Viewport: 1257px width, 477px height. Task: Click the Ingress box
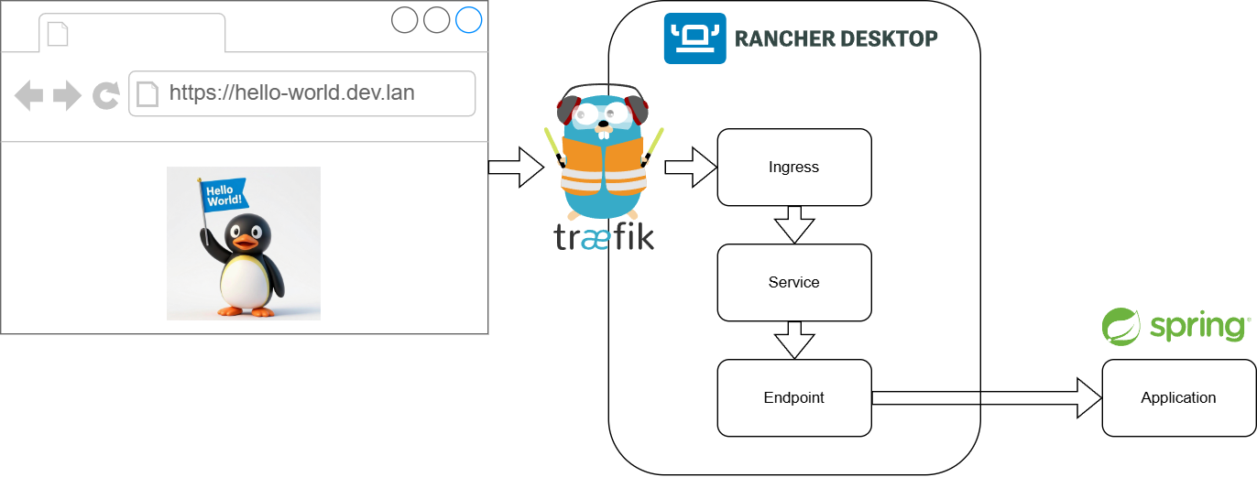coord(793,168)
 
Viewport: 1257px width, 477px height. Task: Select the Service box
coord(793,282)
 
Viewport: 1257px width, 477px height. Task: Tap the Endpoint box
coord(793,397)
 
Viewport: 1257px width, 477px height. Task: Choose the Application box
coord(1178,397)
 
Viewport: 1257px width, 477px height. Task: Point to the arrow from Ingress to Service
coord(794,224)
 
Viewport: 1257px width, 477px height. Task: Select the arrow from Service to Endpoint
coord(794,340)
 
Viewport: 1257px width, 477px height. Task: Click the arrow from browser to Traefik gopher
coord(516,168)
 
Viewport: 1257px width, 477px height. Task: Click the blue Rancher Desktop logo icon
coord(694,38)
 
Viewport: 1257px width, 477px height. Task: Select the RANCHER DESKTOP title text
coord(836,38)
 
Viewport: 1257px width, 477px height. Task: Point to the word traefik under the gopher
coord(604,236)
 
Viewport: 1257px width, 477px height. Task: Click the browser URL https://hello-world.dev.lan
coord(290,93)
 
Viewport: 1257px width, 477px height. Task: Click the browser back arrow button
coord(29,95)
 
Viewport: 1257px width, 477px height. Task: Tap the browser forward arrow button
coord(67,95)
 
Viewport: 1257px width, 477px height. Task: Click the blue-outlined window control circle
coord(468,20)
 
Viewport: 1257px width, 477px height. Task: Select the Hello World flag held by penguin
coord(223,193)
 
